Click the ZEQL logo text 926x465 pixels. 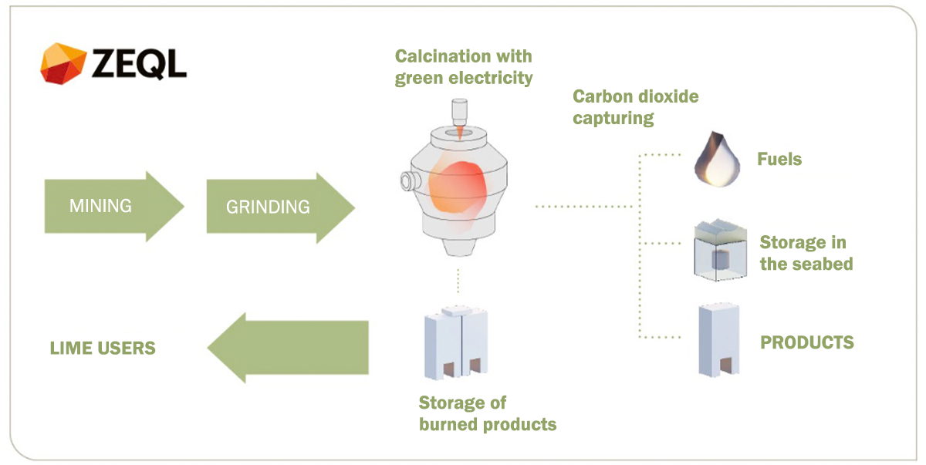tap(140, 62)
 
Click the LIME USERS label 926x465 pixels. tap(103, 348)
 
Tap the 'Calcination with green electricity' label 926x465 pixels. tap(464, 67)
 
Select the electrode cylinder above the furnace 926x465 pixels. tap(461, 112)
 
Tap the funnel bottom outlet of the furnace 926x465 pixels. tap(461, 246)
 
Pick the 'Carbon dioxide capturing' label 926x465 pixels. tap(635, 107)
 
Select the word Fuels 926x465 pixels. tap(779, 160)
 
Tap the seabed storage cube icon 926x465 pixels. tap(719, 250)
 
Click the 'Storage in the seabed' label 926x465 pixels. tap(805, 253)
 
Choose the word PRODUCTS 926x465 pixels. tap(807, 342)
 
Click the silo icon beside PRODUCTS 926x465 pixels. tap(718, 340)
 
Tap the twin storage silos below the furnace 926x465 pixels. tap(456, 343)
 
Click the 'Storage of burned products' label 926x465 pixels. tap(487, 413)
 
